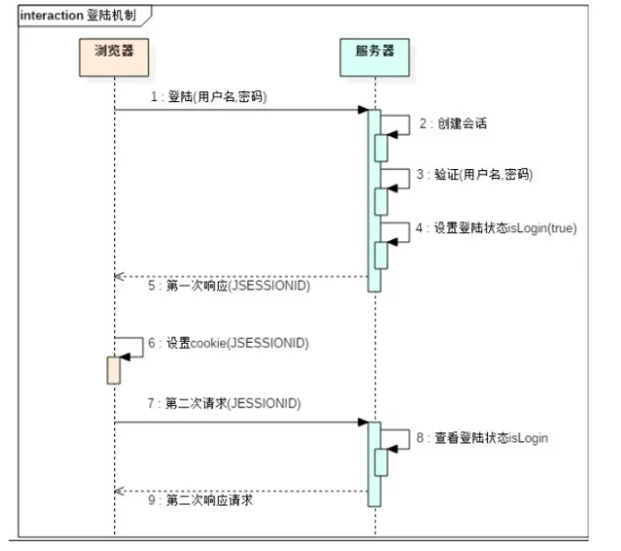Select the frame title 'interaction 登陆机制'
[79, 16]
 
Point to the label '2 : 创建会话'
[453, 124]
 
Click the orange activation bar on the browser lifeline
[113, 369]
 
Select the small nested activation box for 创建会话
[381, 147]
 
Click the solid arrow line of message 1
[239, 110]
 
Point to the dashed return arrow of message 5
[239, 276]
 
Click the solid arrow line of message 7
[239, 422]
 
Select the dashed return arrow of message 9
[239, 490]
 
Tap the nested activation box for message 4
[381, 255]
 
